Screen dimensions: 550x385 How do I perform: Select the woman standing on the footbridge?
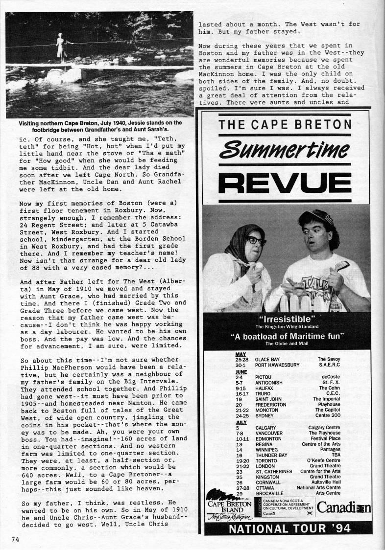pos(62,47)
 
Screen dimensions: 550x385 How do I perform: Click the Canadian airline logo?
pos(343,508)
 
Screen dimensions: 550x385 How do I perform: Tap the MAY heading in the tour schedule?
pos(240,354)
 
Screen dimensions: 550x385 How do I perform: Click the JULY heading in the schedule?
pos(241,422)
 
